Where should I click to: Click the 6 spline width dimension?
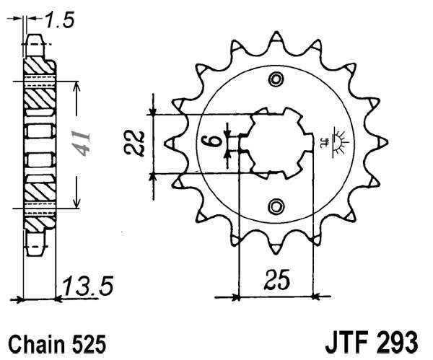click(211, 139)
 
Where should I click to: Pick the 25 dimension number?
click(274, 280)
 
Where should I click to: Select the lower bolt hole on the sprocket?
click(275, 207)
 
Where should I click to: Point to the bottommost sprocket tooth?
click(275, 249)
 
